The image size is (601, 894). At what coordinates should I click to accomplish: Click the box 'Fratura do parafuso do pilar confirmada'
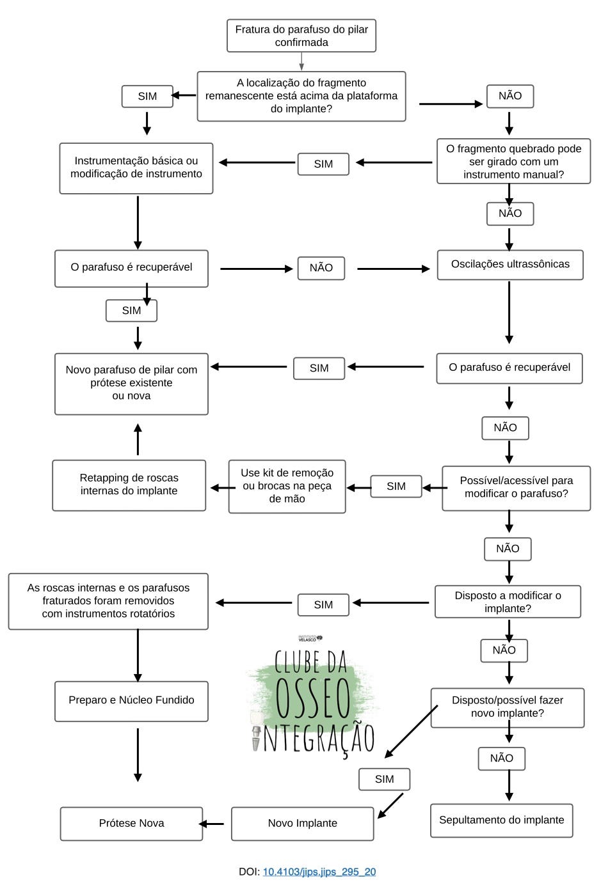pos(301,36)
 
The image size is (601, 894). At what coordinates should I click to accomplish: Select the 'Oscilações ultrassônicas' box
pos(510,265)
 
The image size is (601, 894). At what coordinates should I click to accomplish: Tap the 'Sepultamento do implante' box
pos(501,820)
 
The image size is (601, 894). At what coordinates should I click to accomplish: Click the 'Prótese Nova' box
pos(131,824)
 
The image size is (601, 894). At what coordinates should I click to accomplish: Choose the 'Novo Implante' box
pos(302,824)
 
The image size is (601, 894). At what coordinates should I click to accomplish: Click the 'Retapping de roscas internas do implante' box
pos(129,485)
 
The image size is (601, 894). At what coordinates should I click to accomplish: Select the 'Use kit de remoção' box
pos(287,486)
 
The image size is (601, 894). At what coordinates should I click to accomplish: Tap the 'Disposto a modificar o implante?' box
pos(508,602)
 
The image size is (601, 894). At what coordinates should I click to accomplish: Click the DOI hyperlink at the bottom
pos(319,872)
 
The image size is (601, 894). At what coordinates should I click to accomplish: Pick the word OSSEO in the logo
pos(313,697)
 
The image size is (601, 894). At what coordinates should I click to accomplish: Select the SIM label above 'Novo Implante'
pos(384,780)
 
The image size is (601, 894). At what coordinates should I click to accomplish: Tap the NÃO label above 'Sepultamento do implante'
pos(501,758)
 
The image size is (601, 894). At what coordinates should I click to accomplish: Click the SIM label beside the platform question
pos(147,97)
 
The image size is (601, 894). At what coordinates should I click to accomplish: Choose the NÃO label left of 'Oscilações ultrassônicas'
pos(321,269)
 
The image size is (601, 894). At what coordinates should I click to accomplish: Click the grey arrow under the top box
pos(301,61)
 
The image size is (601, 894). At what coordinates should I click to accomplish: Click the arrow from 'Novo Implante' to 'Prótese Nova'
pos(212,824)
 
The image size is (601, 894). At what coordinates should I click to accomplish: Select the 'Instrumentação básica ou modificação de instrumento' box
pos(136,168)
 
